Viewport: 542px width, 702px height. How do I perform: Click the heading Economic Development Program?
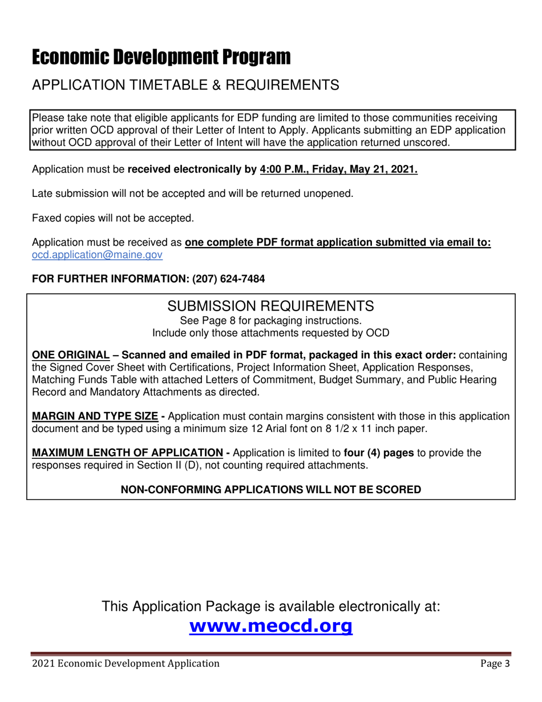(x=161, y=57)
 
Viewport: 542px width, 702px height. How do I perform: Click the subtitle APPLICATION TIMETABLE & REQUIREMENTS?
(x=185, y=85)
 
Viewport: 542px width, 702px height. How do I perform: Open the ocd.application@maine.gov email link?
(x=97, y=255)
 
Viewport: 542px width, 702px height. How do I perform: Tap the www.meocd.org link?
(x=270, y=626)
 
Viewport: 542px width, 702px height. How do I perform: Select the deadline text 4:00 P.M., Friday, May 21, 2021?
(x=338, y=170)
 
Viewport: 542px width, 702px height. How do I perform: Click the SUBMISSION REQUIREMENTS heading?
(x=270, y=306)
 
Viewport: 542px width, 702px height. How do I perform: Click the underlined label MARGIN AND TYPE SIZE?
(x=95, y=416)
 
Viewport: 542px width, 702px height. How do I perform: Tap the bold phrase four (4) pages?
(x=378, y=453)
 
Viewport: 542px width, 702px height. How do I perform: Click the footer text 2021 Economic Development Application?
(x=126, y=663)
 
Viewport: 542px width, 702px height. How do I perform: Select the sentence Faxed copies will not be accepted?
(x=112, y=218)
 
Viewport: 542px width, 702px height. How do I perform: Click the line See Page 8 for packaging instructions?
(x=270, y=321)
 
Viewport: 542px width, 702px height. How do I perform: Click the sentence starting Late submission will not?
(x=192, y=194)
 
